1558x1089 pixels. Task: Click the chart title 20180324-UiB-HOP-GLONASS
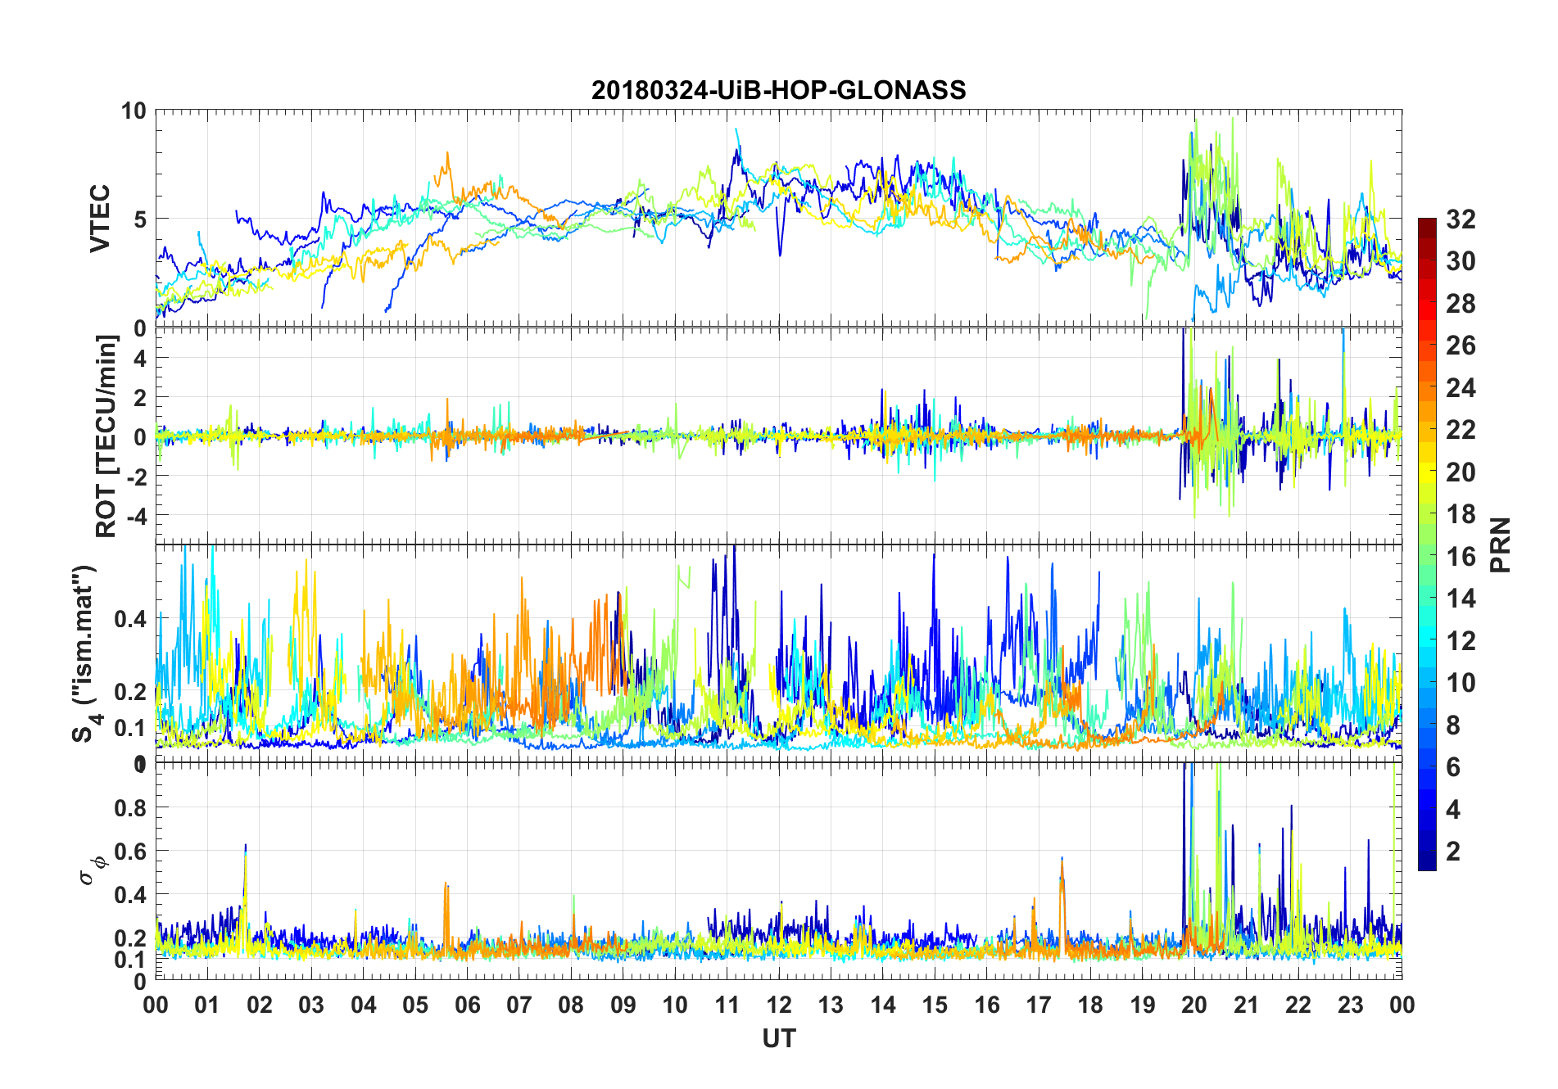point(778,89)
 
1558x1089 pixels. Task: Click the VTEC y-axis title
point(100,219)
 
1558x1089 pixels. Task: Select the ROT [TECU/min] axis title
point(106,436)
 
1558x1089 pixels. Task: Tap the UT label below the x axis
point(778,1038)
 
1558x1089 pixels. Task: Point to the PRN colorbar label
point(1501,544)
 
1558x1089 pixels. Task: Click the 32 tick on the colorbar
point(1461,219)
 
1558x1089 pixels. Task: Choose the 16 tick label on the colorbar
point(1461,557)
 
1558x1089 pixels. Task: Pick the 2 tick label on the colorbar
point(1454,852)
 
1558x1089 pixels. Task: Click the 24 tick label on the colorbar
point(1461,387)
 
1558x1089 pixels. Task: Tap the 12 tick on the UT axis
point(779,1005)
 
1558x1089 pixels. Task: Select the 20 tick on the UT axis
point(1194,1005)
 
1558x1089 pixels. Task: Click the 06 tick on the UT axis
point(468,1005)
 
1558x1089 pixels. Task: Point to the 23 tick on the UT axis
point(1350,1005)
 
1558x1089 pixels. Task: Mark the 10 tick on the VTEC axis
point(134,111)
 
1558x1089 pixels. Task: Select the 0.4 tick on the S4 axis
point(130,618)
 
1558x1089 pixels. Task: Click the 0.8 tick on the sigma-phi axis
point(130,807)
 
